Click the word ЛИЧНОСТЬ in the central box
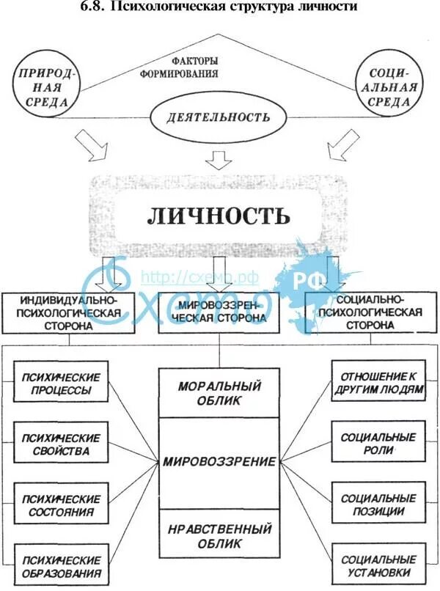(x=219, y=216)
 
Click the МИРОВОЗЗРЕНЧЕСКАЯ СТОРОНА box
(x=220, y=312)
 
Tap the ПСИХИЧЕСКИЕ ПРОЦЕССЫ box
(x=61, y=382)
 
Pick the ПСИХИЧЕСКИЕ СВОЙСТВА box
(x=61, y=444)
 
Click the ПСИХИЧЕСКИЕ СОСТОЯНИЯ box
(x=61, y=504)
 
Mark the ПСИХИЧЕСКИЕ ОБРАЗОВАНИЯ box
(x=61, y=565)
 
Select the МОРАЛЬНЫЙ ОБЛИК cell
(x=219, y=393)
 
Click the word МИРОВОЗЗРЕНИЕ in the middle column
(x=219, y=463)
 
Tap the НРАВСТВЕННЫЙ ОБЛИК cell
(x=219, y=535)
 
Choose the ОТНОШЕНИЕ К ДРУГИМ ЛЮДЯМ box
(x=378, y=382)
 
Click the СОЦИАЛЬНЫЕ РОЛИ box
(x=378, y=444)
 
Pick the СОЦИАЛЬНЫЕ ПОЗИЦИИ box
(x=378, y=504)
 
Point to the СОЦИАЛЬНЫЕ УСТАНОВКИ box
(x=378, y=565)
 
